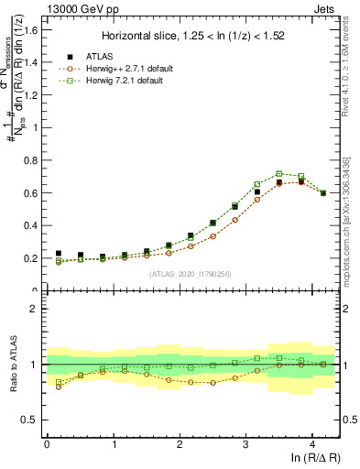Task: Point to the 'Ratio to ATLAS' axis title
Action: click(12, 364)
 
